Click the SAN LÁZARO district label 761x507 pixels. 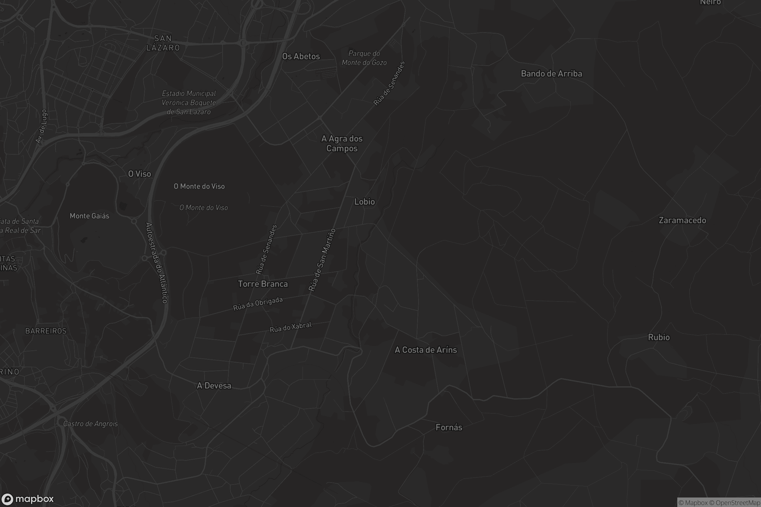click(x=163, y=43)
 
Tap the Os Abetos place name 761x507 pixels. click(x=301, y=56)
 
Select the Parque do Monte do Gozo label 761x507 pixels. click(x=364, y=58)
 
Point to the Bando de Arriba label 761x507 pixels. click(x=551, y=74)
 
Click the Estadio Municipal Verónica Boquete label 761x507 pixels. click(x=189, y=102)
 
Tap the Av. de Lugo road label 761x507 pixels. click(x=42, y=126)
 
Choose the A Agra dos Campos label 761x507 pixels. click(x=342, y=143)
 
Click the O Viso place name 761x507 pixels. click(x=140, y=174)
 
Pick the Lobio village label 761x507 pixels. click(x=364, y=202)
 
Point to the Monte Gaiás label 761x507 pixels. click(x=89, y=216)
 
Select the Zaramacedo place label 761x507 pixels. click(x=682, y=221)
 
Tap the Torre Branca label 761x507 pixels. click(x=263, y=284)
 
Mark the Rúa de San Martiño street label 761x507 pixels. click(x=322, y=260)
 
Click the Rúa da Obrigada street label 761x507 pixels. click(x=258, y=304)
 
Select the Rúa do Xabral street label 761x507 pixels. click(x=290, y=327)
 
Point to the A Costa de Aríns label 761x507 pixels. click(x=426, y=350)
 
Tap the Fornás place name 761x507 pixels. click(x=449, y=427)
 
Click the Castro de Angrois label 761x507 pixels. click(x=90, y=424)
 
